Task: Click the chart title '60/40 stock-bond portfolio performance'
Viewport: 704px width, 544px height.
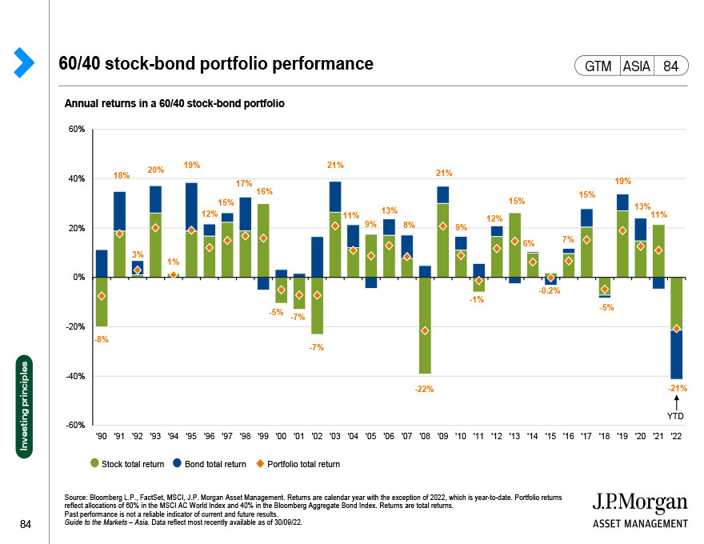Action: tap(216, 64)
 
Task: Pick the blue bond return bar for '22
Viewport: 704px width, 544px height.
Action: tap(676, 354)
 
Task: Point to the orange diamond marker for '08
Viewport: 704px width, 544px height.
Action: tap(425, 330)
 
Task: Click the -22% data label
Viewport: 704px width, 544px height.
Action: tap(425, 389)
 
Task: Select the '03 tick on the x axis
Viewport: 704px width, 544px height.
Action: tap(334, 436)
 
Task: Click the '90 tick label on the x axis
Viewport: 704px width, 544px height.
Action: tap(102, 436)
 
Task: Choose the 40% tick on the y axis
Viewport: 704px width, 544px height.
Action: tap(77, 178)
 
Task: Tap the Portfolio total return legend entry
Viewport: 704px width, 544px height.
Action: tap(299, 464)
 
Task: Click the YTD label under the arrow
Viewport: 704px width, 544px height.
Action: tap(676, 415)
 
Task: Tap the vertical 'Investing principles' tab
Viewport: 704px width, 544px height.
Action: tap(26, 408)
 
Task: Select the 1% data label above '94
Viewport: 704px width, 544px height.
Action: tap(172, 262)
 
